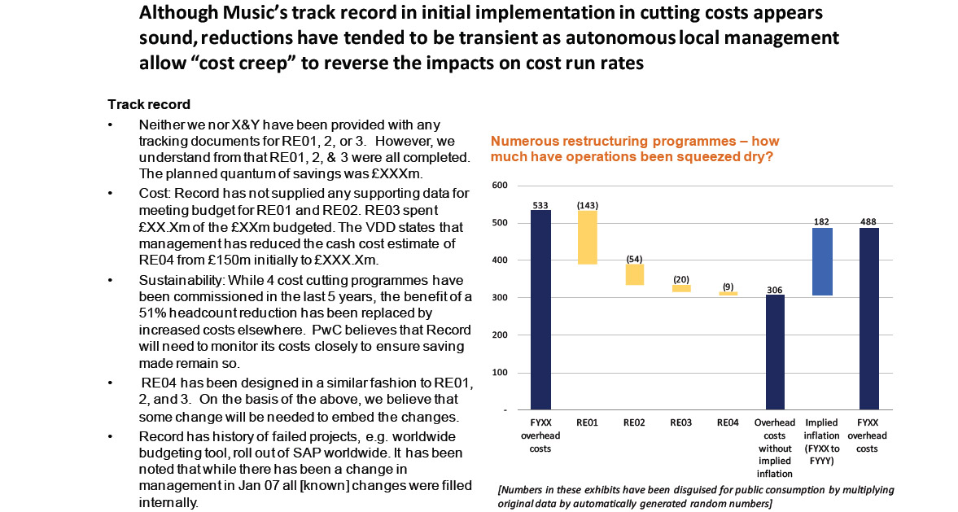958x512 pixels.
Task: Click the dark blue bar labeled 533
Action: tap(540, 309)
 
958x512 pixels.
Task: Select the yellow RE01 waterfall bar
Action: tap(587, 238)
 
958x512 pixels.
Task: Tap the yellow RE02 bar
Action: tap(634, 274)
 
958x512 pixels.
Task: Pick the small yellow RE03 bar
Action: tap(681, 288)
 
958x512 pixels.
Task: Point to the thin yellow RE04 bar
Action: tap(728, 294)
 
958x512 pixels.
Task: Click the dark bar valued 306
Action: tap(775, 352)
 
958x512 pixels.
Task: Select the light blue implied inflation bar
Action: tap(822, 260)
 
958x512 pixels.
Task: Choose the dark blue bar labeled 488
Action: tap(869, 318)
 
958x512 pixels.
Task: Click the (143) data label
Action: tap(587, 205)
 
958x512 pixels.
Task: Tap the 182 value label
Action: tap(822, 221)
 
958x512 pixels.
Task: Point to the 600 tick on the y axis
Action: tap(501, 186)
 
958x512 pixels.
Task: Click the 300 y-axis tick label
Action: tap(501, 298)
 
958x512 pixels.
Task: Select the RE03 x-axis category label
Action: tap(681, 422)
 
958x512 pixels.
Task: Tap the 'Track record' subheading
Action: tap(149, 104)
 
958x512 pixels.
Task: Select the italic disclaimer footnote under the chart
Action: tap(696, 496)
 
